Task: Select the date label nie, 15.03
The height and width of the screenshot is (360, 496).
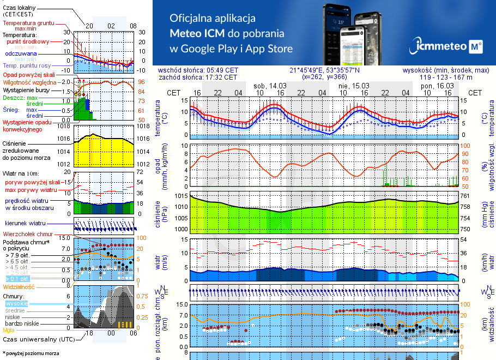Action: (x=353, y=86)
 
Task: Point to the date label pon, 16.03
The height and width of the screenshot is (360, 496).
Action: (x=438, y=86)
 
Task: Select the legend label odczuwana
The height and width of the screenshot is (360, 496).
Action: (x=21, y=54)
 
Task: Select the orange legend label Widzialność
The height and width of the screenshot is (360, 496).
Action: (x=19, y=286)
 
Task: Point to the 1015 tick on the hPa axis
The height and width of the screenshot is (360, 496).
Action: (x=180, y=196)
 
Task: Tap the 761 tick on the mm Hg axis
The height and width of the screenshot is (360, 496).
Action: (x=465, y=196)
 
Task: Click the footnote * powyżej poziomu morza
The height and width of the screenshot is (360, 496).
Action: (x=31, y=353)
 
